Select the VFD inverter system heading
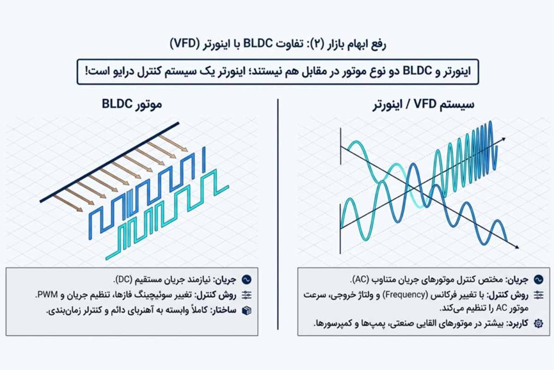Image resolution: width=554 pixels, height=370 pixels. click(x=423, y=105)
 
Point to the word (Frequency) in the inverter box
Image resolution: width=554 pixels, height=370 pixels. click(x=405, y=294)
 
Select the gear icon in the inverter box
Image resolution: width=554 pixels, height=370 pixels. click(x=538, y=323)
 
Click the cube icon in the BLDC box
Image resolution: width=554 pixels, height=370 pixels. click(x=247, y=310)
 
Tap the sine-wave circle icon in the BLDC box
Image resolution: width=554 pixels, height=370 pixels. click(x=247, y=280)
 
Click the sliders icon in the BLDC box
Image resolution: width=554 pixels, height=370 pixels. click(x=247, y=295)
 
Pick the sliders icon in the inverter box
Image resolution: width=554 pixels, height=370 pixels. click(x=538, y=295)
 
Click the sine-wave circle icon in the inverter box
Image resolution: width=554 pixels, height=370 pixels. click(x=538, y=280)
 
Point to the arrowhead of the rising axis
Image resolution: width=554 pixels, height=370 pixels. click(x=503, y=139)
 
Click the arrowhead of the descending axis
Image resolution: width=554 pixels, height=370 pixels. click(x=517, y=246)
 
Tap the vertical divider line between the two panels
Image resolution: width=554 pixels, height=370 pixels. click(x=278, y=215)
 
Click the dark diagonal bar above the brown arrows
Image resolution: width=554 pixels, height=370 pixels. click(x=109, y=163)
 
